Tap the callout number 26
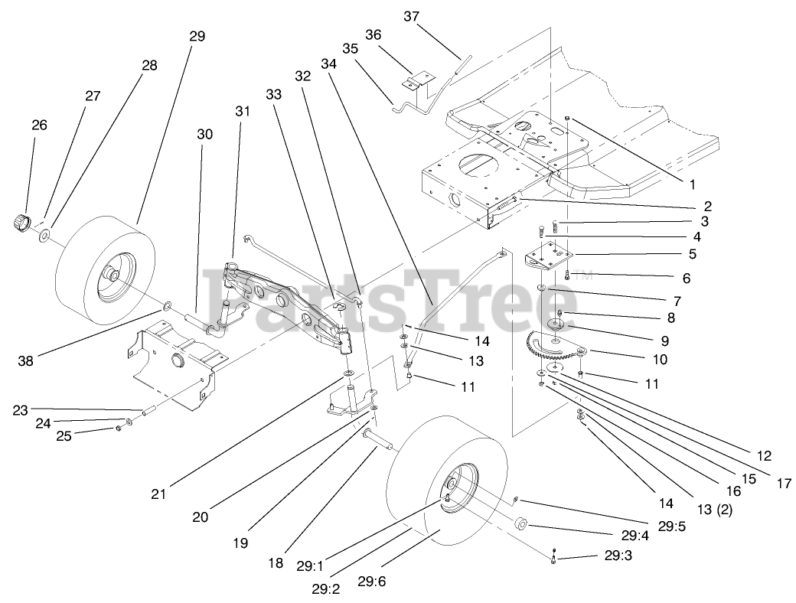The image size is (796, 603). click(39, 123)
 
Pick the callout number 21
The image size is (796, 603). click(158, 494)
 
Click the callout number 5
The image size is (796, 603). click(691, 253)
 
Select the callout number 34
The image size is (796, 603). click(329, 65)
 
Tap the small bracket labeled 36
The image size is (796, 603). click(419, 80)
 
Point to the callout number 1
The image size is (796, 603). click(693, 184)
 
